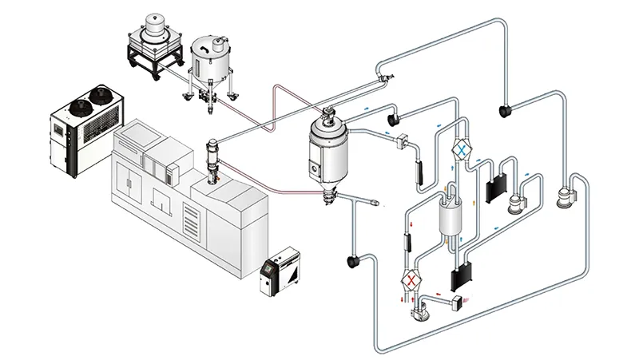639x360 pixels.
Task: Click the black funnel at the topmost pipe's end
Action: point(505,108)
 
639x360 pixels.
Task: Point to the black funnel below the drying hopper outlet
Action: point(351,259)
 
